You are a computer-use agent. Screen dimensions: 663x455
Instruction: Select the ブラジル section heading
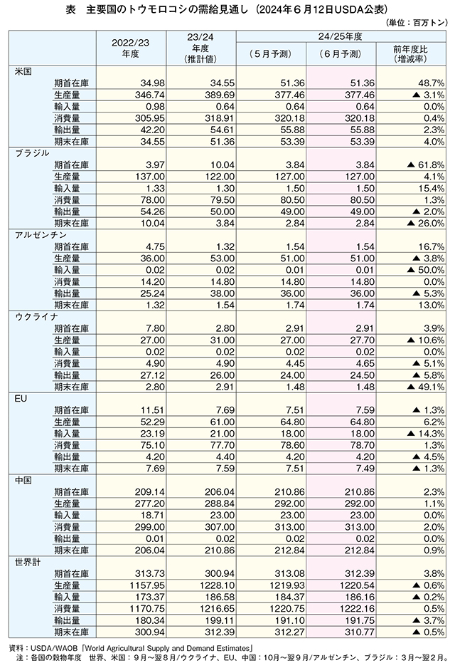pyautogui.click(x=31, y=152)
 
